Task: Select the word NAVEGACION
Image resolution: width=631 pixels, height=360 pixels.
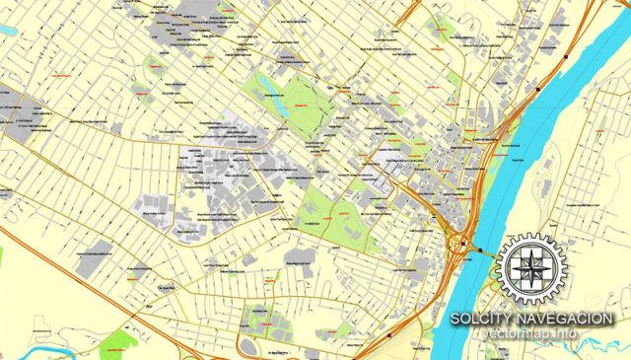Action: (x=568, y=318)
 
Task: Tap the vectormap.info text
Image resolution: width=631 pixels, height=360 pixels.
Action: (x=532, y=335)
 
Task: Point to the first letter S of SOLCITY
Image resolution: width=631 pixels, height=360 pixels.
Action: (x=455, y=318)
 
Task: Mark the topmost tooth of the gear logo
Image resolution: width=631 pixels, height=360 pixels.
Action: (x=532, y=236)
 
